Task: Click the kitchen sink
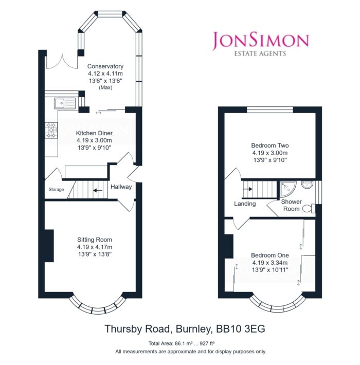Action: tap(65, 103)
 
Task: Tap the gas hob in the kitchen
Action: tap(51, 130)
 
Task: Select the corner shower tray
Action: tap(288, 189)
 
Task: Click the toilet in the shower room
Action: tap(309, 209)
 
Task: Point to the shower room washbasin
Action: tap(308, 185)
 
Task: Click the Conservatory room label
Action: tap(105, 66)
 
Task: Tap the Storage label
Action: tap(56, 190)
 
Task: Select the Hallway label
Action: tap(121, 187)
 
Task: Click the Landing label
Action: tap(245, 204)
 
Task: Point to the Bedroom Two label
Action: tap(270, 145)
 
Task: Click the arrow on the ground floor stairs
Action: tap(98, 190)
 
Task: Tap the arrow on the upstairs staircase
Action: tap(248, 189)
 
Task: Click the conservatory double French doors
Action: tap(62, 61)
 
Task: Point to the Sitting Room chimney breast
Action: tap(49, 246)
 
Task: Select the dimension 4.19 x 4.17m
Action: tap(95, 247)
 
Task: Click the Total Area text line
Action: tap(182, 343)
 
